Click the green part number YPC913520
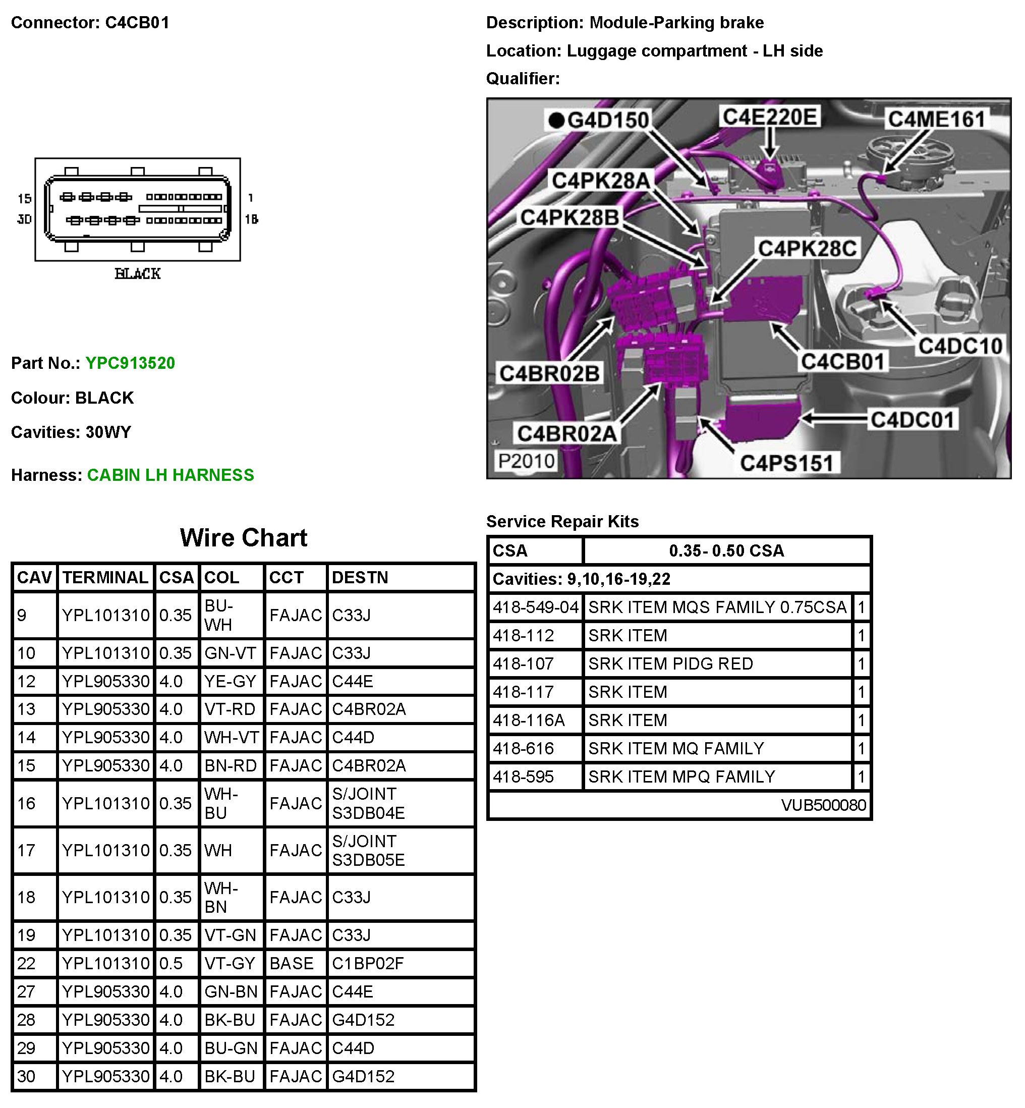130,363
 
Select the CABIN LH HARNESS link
170,475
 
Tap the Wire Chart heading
244,538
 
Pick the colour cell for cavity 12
230,681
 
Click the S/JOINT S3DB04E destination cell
368,803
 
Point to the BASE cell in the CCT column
291,963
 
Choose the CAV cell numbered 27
26,991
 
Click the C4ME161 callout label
936,119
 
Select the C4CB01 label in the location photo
842,362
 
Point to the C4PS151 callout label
786,463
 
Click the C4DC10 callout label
960,346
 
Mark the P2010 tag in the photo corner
526,461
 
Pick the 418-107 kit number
523,663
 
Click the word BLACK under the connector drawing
138,273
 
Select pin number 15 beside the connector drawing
24,199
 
